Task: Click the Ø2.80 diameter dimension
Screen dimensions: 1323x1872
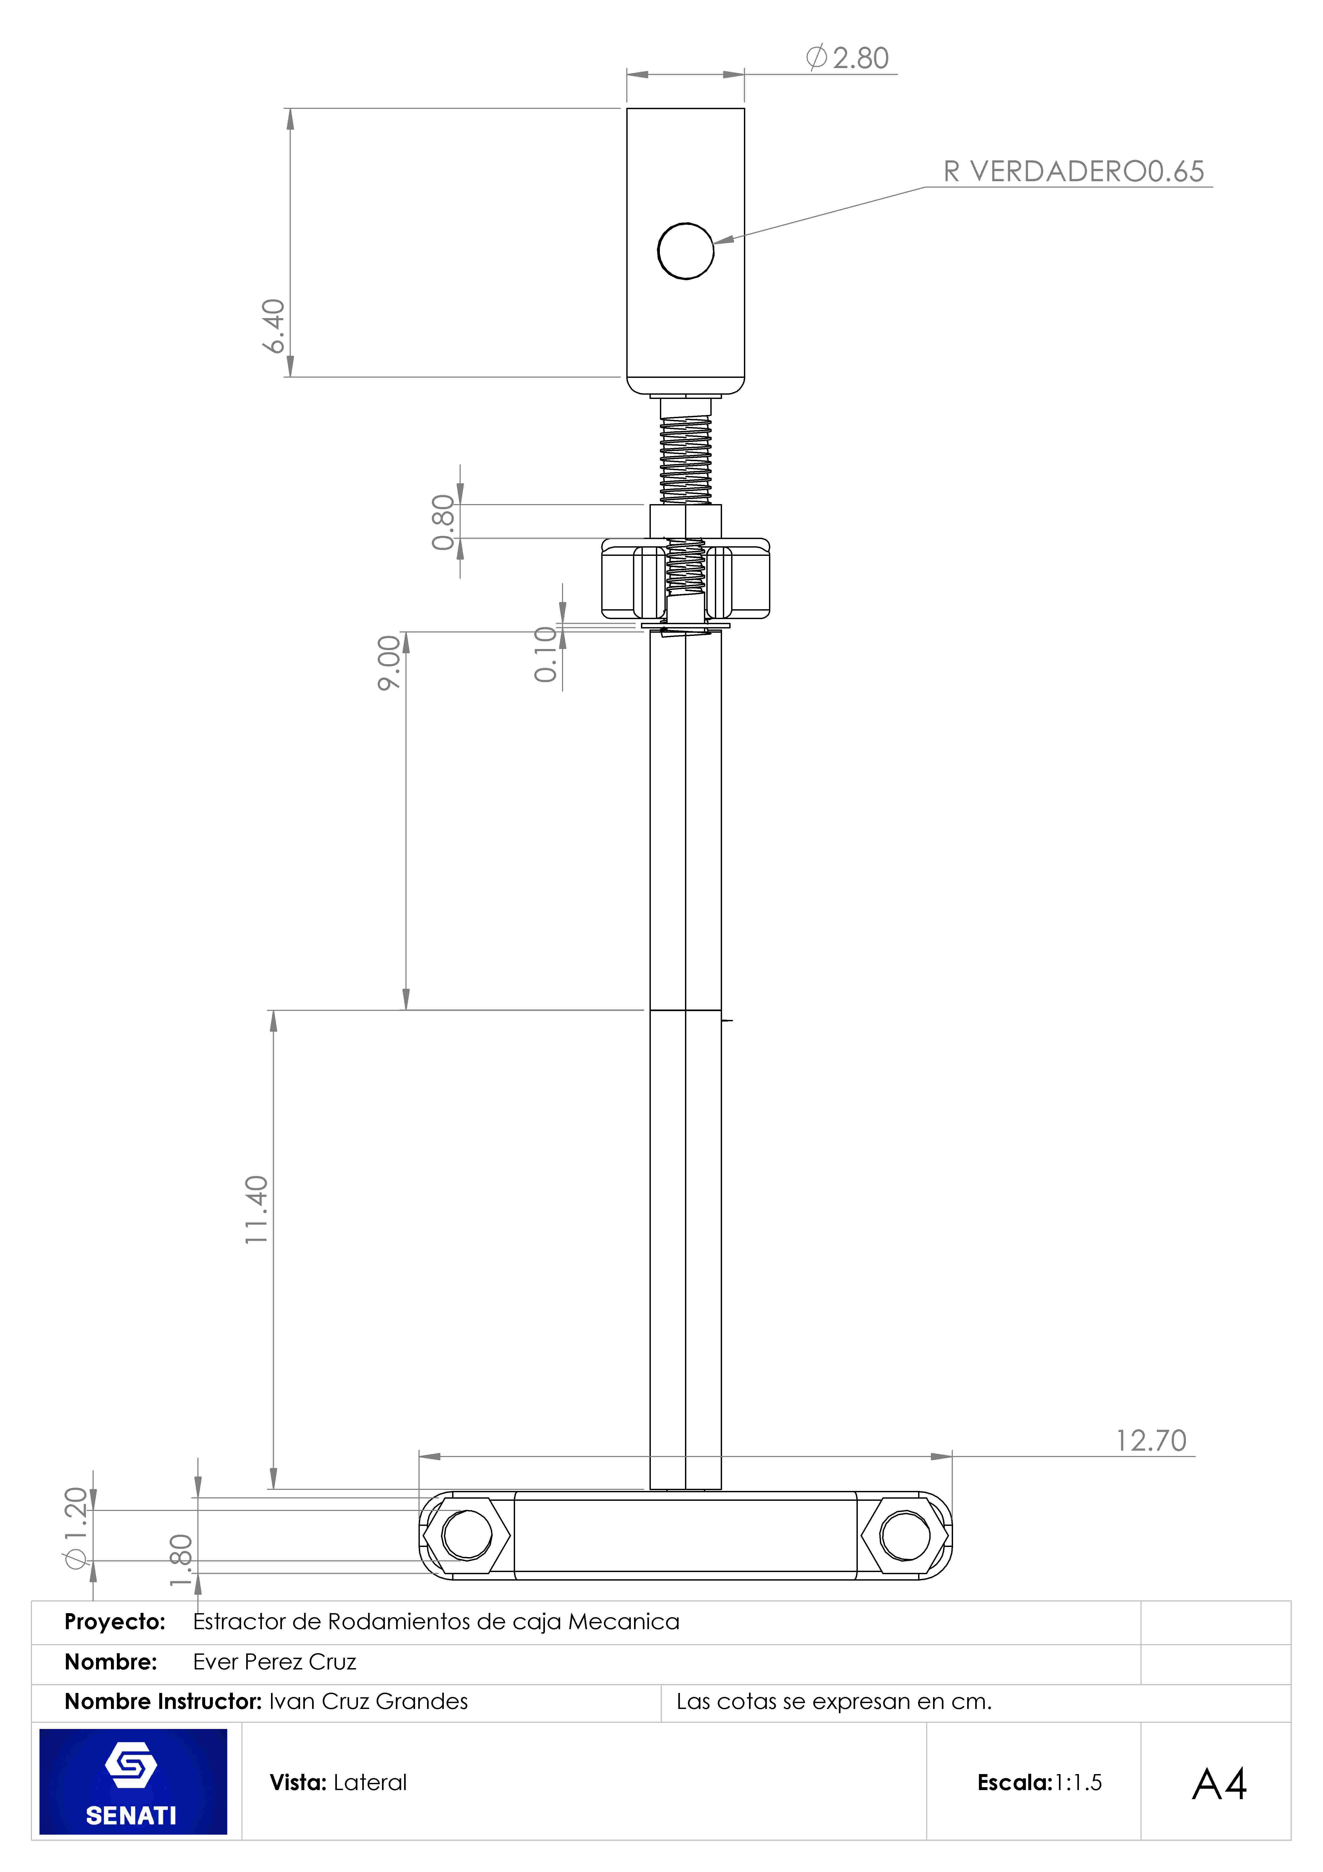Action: click(847, 58)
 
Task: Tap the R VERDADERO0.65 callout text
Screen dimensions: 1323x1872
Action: click(1074, 171)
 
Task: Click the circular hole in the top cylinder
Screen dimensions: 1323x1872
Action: click(686, 251)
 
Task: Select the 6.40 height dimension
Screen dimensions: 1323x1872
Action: click(274, 326)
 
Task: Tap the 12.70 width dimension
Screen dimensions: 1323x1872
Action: click(1151, 1441)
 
